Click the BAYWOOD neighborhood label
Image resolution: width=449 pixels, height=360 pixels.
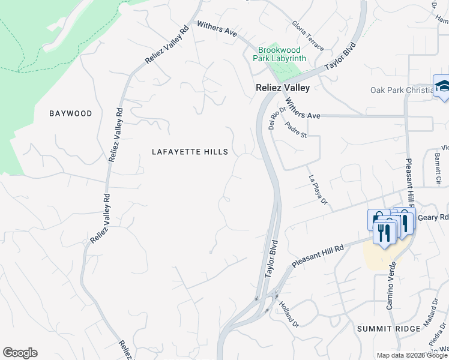71,113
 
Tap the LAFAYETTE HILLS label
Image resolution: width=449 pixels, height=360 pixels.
190,152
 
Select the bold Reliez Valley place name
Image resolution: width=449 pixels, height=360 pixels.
282,88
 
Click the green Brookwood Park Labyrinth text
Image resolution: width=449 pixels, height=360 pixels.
282,54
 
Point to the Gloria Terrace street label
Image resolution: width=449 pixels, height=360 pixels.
308,35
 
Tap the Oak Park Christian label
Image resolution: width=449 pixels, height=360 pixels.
401,91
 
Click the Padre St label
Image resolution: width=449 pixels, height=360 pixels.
297,130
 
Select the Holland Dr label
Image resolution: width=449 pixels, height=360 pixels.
289,314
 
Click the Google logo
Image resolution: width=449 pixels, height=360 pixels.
20,353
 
